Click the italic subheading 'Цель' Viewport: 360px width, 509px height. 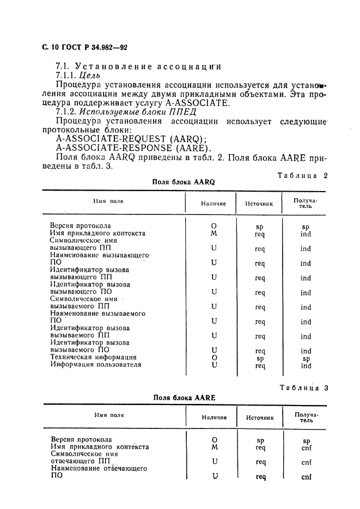[90, 76]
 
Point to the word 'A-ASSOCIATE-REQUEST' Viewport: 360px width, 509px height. [107, 139]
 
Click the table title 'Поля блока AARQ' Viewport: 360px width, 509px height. [183, 182]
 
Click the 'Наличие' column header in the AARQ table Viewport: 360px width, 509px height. [213, 203]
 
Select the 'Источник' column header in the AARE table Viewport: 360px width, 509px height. [259, 417]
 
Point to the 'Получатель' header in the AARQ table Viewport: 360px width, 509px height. [306, 203]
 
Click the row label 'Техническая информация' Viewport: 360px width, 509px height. [93, 358]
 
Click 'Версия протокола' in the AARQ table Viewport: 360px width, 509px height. [81, 225]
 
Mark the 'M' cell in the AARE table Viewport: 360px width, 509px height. [214, 447]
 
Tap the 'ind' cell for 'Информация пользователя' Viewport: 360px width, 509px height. [306, 366]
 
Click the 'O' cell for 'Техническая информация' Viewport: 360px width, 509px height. [214, 358]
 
